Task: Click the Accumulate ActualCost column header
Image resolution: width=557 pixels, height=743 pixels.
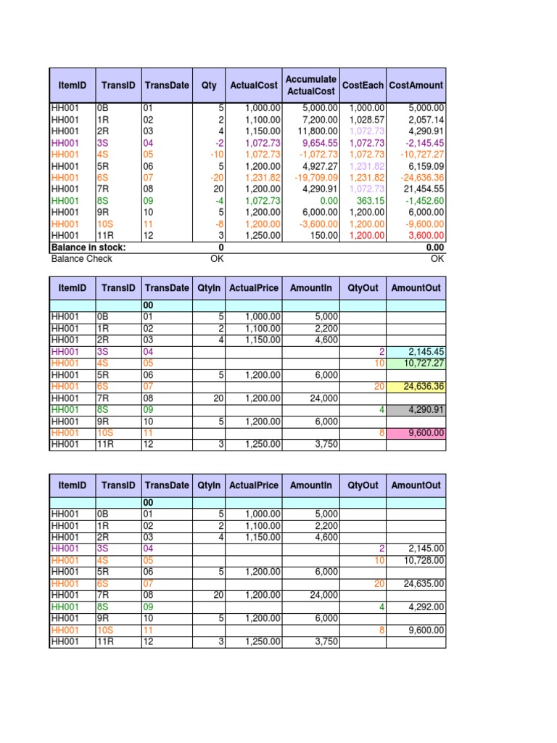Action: point(310,85)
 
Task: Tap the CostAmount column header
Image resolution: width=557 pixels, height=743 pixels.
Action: point(416,85)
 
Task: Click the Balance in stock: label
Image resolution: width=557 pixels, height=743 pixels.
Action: point(88,247)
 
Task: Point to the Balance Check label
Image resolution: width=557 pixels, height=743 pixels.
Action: point(79,258)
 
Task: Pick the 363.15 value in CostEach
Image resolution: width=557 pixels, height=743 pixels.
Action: point(369,201)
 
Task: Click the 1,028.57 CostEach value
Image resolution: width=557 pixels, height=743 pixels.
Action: point(366,120)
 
